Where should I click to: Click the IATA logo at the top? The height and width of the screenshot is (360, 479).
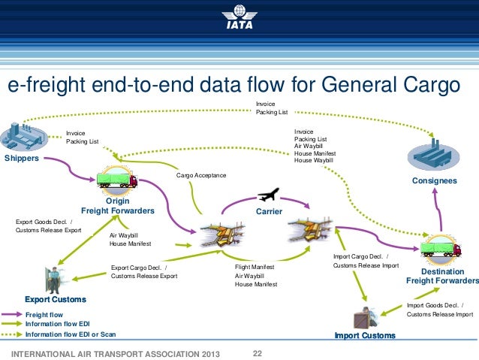coord(239,16)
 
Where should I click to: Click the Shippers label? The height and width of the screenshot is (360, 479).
coord(22,159)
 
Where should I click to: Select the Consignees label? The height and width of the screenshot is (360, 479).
coord(435,181)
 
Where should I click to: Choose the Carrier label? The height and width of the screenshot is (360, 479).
coord(269,212)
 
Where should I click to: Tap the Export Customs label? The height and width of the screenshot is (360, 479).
coord(56,299)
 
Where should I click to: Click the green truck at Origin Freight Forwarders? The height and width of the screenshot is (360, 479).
coord(116,181)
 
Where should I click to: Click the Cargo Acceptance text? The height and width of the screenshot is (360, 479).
coord(200,175)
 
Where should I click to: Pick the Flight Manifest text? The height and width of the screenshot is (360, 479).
coord(255,267)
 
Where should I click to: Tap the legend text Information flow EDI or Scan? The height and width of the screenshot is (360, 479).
coord(71,334)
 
